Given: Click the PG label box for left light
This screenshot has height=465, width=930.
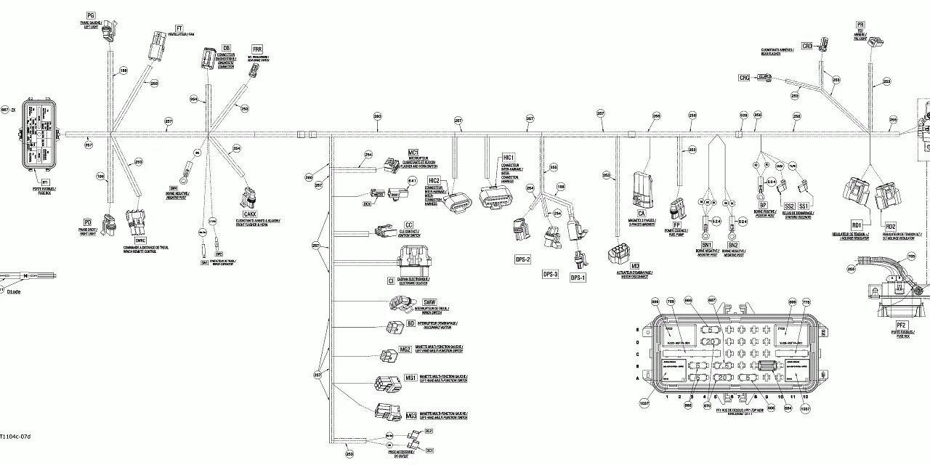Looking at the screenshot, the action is click(91, 15).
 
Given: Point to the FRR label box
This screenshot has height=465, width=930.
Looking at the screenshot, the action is click(256, 49).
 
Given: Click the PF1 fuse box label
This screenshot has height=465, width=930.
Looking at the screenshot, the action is click(45, 182).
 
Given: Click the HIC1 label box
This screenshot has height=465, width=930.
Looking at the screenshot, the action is click(508, 158).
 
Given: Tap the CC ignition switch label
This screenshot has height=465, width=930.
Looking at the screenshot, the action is click(408, 225).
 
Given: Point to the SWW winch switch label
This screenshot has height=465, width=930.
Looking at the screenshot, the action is click(429, 302).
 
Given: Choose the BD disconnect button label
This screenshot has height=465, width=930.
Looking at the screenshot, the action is click(411, 324).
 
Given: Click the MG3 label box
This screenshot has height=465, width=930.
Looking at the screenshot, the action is click(411, 416).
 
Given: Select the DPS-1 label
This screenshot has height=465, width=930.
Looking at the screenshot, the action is click(578, 278).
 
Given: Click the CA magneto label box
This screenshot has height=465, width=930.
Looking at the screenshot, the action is click(641, 213).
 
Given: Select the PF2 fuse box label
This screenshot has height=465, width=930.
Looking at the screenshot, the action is click(900, 324).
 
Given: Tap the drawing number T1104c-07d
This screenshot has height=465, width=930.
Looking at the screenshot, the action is click(16, 436).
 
